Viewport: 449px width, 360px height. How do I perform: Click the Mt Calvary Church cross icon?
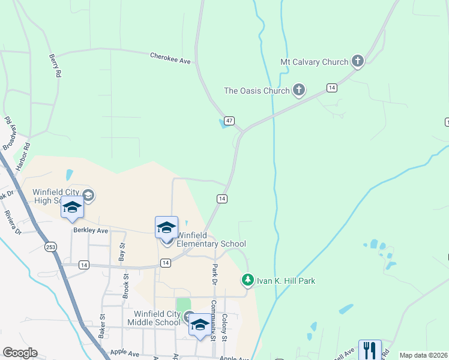pos(358,61)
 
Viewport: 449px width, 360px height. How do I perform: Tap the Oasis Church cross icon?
pos(298,91)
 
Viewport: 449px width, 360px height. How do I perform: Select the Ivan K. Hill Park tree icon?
pos(247,280)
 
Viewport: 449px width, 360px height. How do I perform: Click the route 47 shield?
pos(229,121)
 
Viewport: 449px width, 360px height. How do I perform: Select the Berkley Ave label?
pos(90,230)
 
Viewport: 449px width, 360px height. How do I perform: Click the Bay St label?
pos(122,251)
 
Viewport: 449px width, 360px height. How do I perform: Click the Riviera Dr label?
pos(12,222)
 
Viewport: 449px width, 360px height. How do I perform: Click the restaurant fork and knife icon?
pos(370,350)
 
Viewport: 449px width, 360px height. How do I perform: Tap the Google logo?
pos(19,353)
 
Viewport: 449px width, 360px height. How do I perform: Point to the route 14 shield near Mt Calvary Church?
pos(331,88)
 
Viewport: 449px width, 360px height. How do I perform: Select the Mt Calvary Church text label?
pos(314,62)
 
